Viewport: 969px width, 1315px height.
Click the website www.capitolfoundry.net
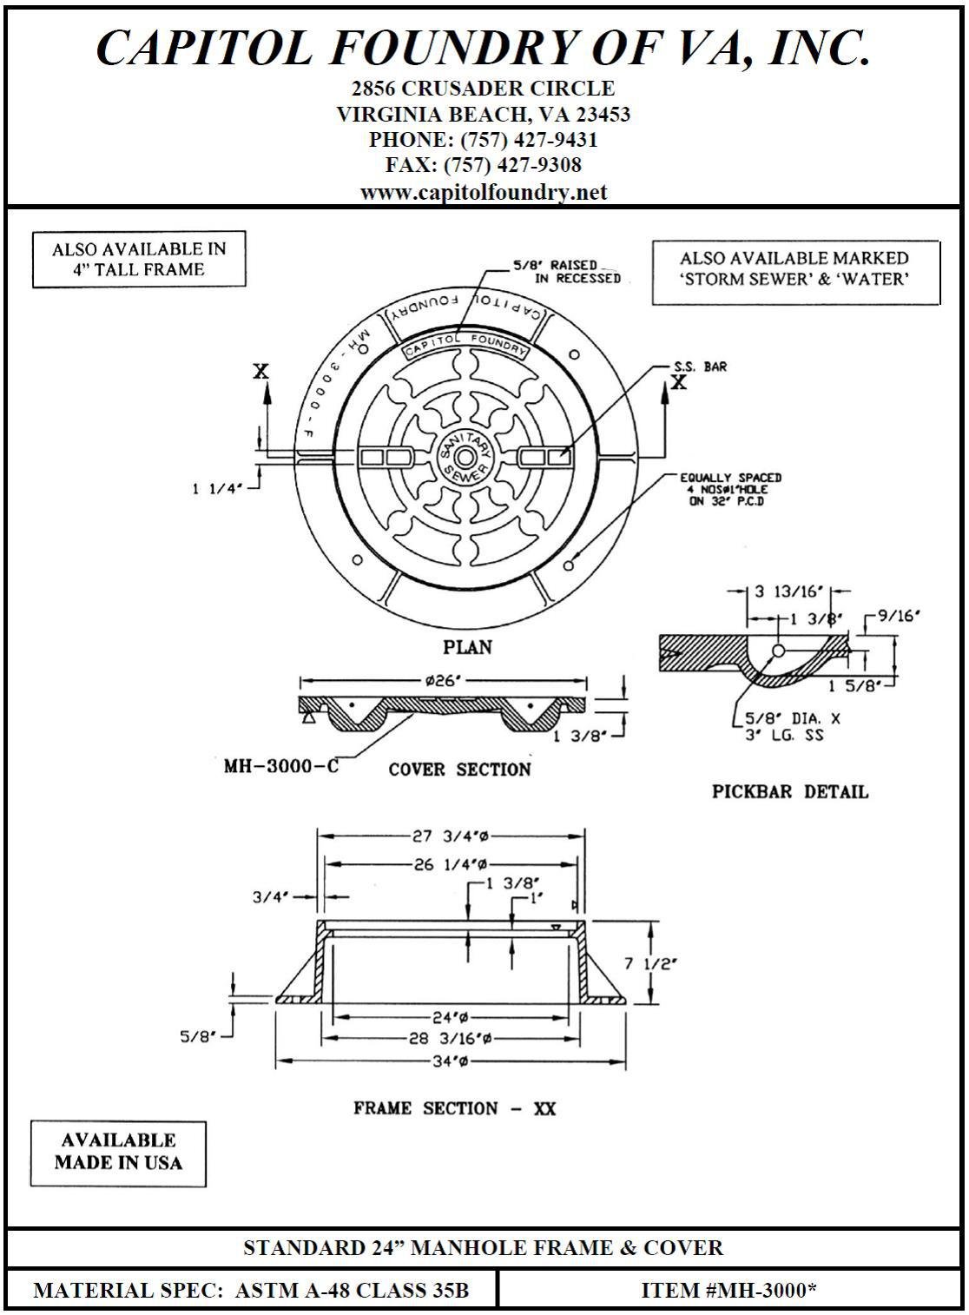(484, 192)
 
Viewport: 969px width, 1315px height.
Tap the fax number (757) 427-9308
(484, 165)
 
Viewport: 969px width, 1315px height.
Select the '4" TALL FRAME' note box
(139, 259)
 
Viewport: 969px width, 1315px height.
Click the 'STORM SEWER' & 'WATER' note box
(794, 269)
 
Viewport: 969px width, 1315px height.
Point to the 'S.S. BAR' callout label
(700, 367)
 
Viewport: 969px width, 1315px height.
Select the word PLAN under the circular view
(467, 647)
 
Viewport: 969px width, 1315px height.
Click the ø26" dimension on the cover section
(443, 681)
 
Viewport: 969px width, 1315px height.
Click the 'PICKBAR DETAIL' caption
(789, 791)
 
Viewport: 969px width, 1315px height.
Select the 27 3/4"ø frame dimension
(450, 836)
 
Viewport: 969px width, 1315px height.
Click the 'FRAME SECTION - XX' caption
(454, 1108)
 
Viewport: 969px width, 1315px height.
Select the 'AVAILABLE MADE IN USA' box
(118, 1152)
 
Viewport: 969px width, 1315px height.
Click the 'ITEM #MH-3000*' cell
(728, 1290)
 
